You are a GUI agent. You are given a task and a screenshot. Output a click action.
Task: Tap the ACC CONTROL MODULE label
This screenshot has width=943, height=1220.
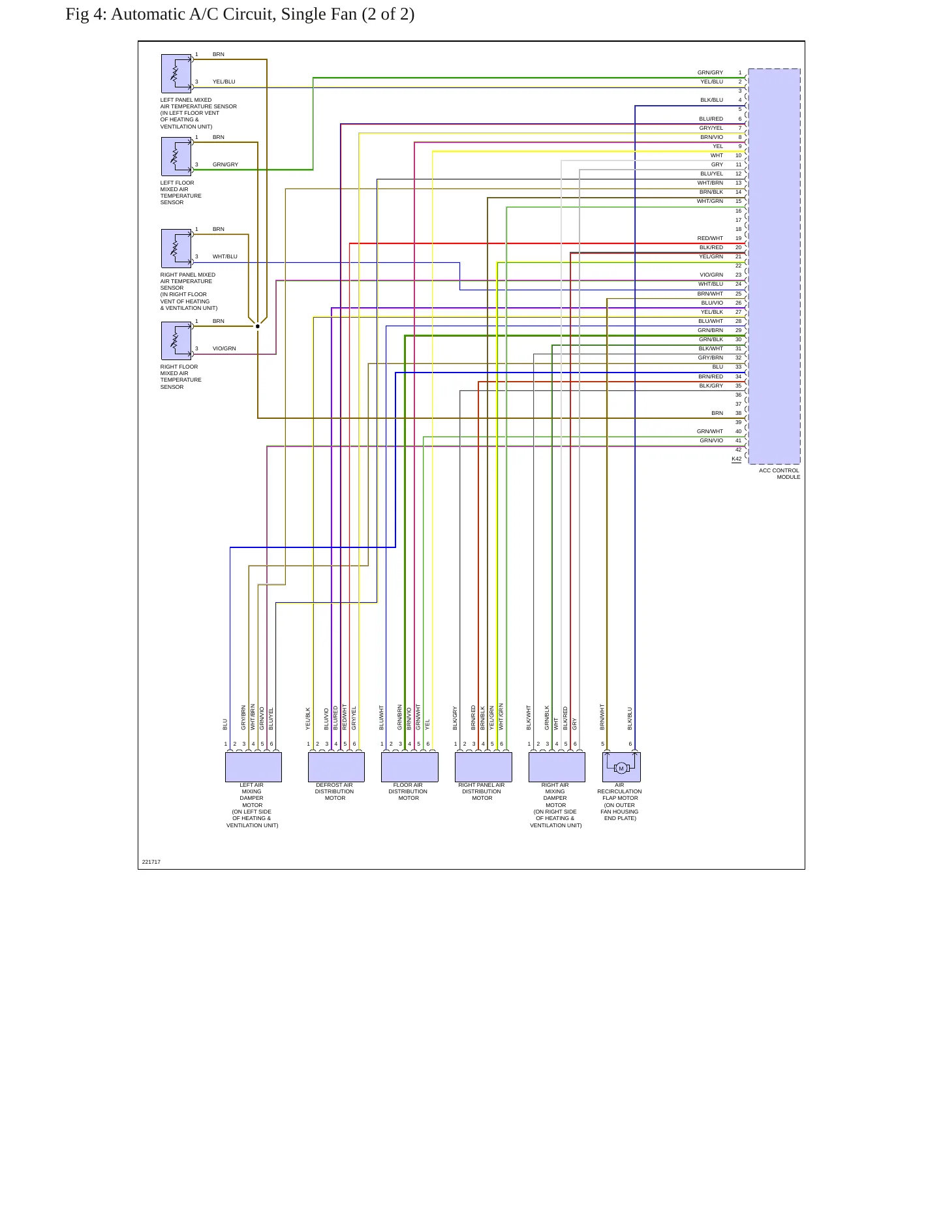point(779,474)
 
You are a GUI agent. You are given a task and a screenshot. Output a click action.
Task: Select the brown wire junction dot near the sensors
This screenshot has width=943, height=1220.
point(258,326)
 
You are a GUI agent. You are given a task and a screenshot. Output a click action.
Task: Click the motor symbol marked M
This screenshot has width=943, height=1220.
point(621,768)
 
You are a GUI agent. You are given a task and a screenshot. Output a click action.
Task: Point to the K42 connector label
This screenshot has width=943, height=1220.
point(736,459)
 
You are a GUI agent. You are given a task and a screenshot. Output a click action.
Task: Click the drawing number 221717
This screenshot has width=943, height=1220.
point(151,862)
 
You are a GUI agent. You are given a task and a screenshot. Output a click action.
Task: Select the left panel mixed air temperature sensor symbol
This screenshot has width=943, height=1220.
point(176,73)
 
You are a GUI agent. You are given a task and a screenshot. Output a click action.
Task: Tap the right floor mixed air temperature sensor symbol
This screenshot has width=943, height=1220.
point(176,341)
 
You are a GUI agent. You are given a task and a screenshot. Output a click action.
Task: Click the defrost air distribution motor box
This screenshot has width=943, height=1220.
point(336,767)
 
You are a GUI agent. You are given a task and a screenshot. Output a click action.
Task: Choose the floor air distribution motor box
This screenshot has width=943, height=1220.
point(410,767)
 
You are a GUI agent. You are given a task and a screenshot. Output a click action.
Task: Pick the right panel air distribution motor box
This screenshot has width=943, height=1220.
point(484,767)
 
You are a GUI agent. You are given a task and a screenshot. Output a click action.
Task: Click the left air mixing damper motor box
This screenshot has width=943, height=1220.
point(253,767)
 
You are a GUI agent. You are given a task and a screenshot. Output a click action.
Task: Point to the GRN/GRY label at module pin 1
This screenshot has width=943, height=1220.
point(710,73)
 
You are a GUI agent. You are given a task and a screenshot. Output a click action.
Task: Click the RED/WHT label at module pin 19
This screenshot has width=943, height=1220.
point(710,239)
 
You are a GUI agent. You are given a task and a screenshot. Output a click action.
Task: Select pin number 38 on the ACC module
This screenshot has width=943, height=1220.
point(739,414)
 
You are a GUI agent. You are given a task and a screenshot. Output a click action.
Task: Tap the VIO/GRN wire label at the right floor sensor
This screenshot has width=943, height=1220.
point(224,349)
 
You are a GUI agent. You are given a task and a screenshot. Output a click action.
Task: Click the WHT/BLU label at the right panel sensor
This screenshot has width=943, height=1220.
point(225,257)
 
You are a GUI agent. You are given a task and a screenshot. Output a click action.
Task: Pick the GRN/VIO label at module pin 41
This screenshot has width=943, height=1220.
point(711,441)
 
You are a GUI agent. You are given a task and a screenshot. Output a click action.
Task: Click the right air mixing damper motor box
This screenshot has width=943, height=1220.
point(557,767)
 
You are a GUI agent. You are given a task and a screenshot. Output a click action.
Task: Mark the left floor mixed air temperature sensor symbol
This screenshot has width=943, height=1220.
point(176,157)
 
